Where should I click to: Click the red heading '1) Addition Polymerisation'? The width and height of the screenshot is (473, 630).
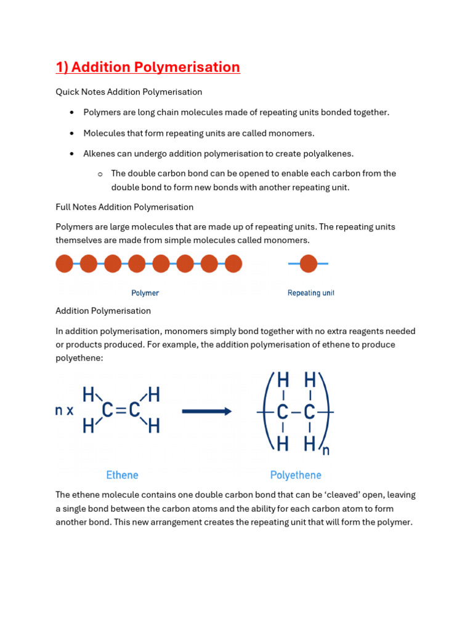click(148, 67)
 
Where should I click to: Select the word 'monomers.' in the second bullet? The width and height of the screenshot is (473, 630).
click(293, 133)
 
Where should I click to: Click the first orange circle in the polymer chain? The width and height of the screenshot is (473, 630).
click(65, 264)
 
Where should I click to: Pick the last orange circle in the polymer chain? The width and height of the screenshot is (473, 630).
click(233, 264)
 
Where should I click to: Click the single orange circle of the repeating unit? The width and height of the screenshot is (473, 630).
click(309, 264)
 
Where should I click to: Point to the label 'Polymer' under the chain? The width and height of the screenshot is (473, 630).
click(145, 293)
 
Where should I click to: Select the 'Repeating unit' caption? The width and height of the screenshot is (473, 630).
click(310, 293)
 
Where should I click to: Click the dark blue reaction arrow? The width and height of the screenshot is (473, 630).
click(206, 412)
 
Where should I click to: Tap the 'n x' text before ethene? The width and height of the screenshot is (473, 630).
click(64, 411)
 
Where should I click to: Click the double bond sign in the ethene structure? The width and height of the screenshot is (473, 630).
click(121, 410)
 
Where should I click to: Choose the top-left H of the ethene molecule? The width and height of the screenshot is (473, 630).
click(89, 394)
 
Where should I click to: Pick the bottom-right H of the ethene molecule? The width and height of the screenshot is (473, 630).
click(154, 426)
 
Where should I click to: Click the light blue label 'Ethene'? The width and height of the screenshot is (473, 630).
click(122, 475)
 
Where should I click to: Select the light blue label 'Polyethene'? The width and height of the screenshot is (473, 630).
click(296, 475)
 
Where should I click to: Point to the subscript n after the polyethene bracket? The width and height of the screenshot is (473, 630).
click(326, 451)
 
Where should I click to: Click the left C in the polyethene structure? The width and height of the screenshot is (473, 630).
click(283, 412)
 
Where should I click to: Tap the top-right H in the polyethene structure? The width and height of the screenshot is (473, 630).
click(310, 380)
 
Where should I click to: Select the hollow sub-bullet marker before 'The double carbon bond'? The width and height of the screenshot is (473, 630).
click(100, 174)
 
